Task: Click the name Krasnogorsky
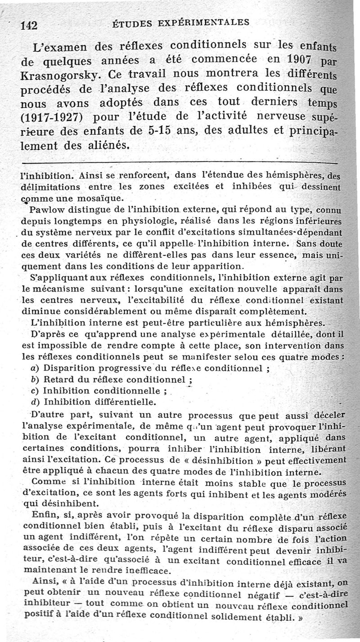58,74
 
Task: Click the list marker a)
33,368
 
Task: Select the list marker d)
33,401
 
